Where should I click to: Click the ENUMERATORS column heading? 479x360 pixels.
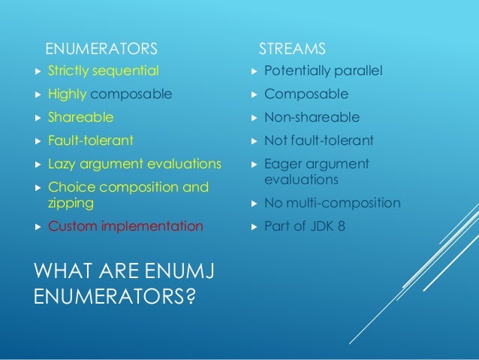tap(101, 50)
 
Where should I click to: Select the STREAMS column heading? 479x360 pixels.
tap(292, 50)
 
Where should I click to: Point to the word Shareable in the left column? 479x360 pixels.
tap(81, 117)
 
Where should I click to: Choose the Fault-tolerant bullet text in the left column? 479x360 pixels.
tap(91, 141)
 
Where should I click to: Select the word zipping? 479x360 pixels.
tap(71, 203)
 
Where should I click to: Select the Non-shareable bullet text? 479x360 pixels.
tap(312, 117)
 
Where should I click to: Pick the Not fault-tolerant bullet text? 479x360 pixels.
tap(318, 141)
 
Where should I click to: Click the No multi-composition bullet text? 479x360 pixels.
tap(332, 203)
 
